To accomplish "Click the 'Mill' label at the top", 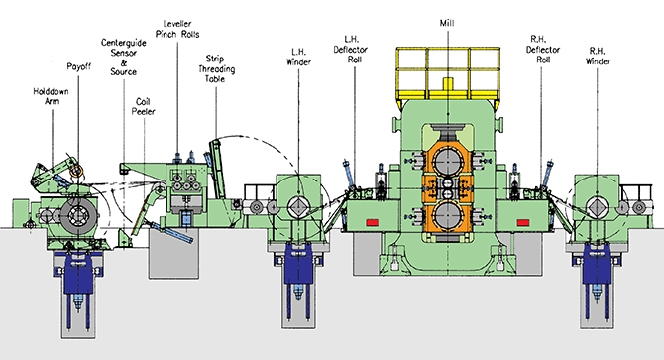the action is point(447,23).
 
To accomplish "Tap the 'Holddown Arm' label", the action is point(51,96).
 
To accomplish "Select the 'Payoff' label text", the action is point(78,66).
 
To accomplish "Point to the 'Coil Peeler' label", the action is point(143,106).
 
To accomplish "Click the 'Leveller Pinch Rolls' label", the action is point(177,29).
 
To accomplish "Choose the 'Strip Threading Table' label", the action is point(216,68).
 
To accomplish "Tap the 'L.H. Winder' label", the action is point(298,57).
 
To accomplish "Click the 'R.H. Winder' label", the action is point(598,57).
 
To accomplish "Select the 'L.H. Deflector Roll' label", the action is point(351,50).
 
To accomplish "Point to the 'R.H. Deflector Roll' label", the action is point(543,50).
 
